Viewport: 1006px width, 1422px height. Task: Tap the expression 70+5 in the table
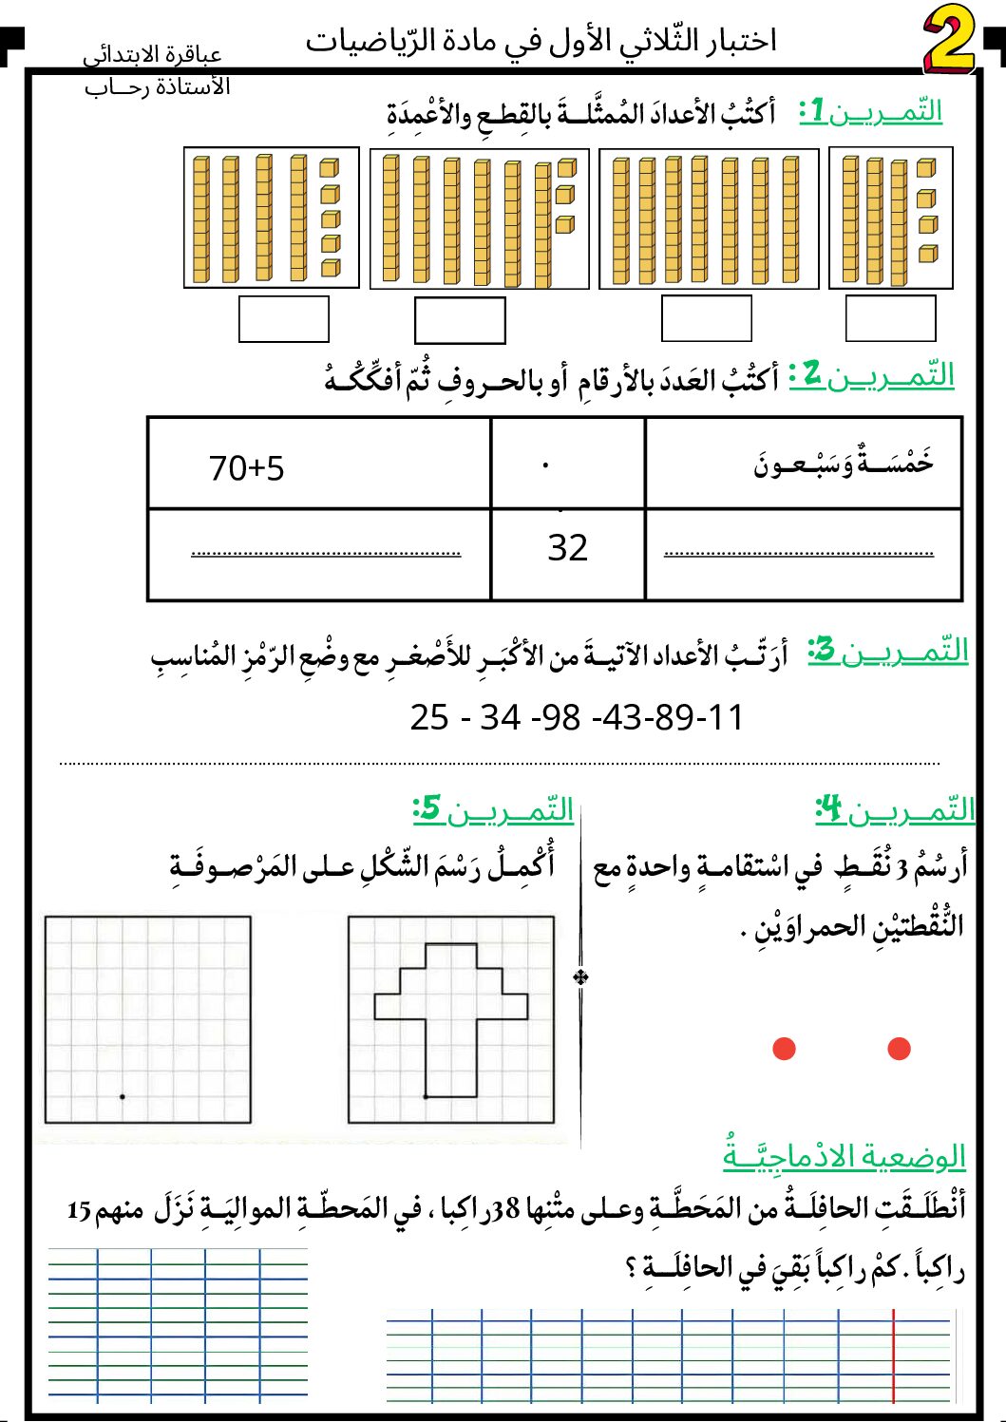tap(246, 468)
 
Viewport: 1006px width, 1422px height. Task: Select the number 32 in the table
tap(568, 548)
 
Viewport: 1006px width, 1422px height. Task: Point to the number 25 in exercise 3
tap(429, 717)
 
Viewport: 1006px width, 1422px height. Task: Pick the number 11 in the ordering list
tap(726, 717)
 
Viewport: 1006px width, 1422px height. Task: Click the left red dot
tap(784, 1049)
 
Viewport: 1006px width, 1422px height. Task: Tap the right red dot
tap(899, 1049)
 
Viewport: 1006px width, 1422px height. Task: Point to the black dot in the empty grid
tap(123, 1097)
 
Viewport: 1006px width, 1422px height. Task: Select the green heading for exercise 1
tap(871, 111)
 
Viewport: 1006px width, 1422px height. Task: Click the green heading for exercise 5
tap(494, 810)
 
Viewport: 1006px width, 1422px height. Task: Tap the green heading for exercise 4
tap(896, 810)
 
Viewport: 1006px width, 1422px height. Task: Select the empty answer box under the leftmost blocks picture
tap(283, 319)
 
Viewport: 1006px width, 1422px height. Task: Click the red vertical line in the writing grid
tap(894, 1356)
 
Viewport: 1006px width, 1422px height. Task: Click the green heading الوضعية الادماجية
tap(844, 1156)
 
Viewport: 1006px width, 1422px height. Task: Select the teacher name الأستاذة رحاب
tap(158, 87)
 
